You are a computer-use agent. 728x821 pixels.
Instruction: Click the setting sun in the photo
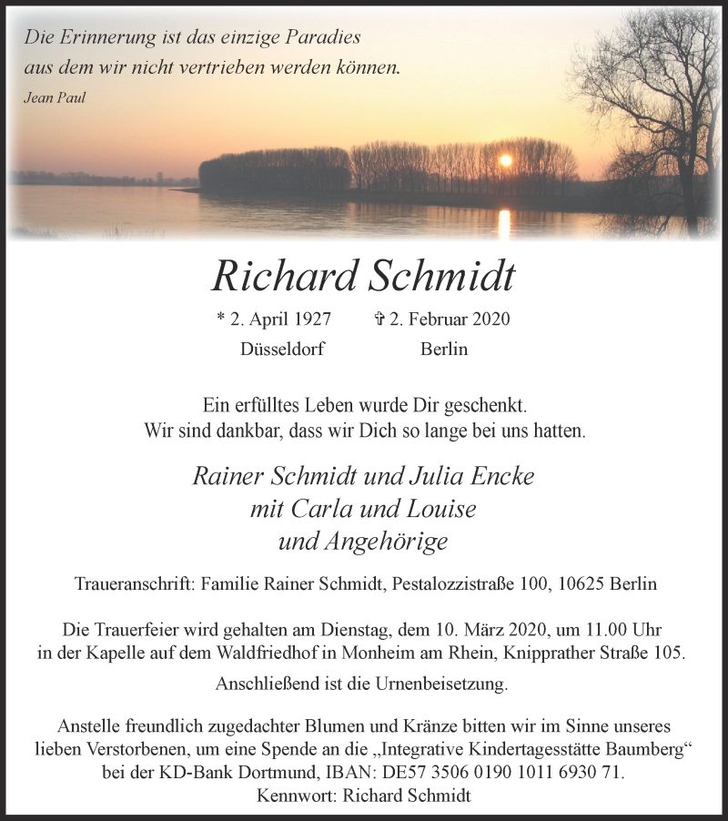pos(506,160)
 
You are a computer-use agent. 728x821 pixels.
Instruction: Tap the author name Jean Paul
pos(55,97)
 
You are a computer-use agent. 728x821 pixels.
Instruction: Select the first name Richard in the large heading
pos(278,276)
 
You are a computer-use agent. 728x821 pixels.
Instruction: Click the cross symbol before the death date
pos(379,319)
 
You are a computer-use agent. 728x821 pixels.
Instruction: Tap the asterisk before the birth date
pos(221,319)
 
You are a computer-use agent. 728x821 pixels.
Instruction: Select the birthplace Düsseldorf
pos(282,350)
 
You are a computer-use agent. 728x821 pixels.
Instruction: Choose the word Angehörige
pos(393,541)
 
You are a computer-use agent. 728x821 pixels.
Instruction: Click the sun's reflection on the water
pos(505,222)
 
